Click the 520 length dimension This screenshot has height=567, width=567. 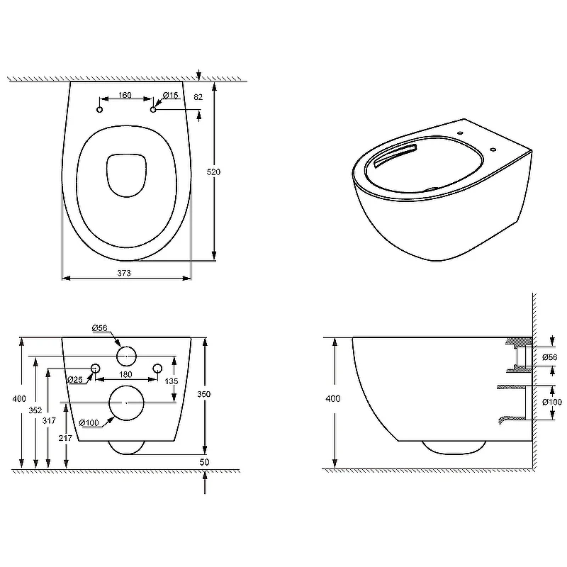tap(213, 172)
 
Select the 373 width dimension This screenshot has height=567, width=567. tap(124, 273)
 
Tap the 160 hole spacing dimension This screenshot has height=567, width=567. tap(125, 95)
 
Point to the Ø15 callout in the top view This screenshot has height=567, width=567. tap(171, 95)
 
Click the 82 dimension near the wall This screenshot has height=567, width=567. tap(198, 97)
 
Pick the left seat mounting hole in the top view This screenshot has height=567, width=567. tap(100, 110)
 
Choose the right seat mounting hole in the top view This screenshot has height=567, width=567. tap(153, 110)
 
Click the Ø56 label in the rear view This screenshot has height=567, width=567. tap(100, 328)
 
